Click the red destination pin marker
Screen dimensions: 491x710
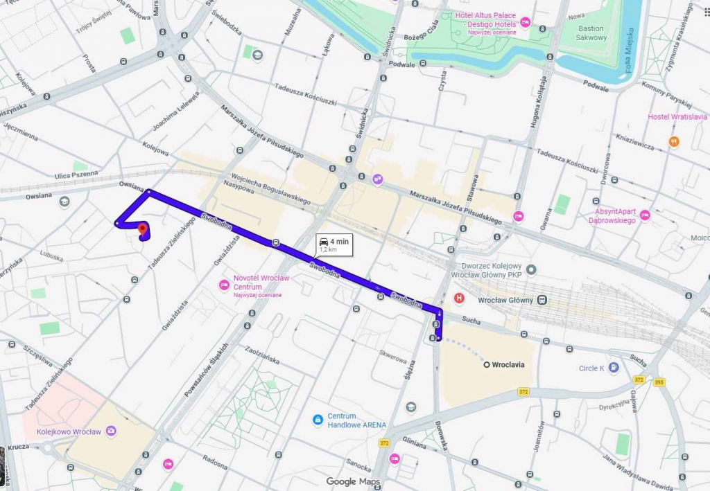141,229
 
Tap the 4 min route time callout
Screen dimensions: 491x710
334,243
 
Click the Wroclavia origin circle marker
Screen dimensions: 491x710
487,364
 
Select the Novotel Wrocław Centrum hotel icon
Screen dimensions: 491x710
224,285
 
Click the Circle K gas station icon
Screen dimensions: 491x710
613,368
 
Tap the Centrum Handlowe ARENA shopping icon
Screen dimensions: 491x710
318,420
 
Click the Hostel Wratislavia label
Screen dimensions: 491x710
677,117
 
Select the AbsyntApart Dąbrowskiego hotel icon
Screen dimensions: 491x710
645,215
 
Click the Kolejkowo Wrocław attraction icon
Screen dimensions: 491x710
112,431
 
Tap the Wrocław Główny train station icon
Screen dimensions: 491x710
542,300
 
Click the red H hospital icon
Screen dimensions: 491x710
458,298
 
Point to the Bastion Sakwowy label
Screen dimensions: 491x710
591,33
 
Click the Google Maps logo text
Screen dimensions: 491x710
353,481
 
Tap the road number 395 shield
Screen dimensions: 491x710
658,381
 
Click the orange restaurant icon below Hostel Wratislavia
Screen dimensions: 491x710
675,141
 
